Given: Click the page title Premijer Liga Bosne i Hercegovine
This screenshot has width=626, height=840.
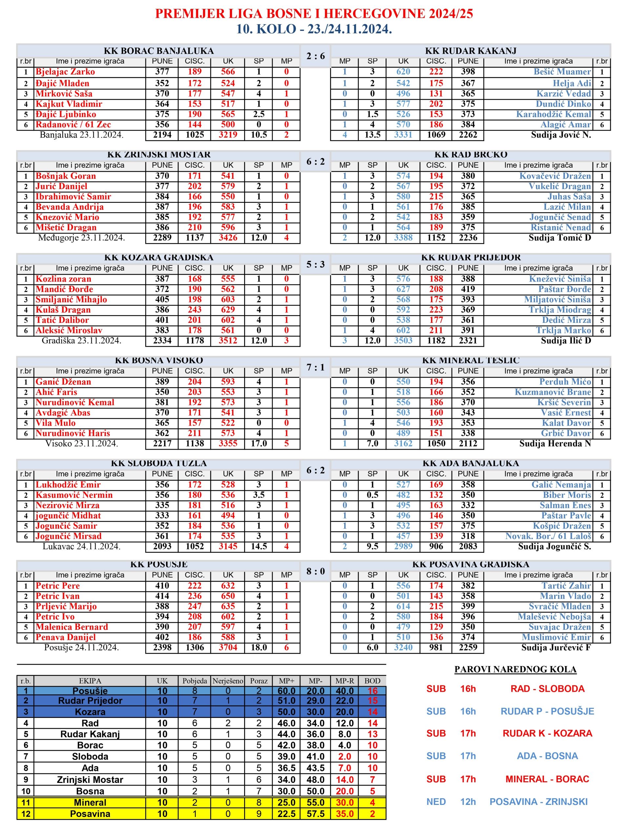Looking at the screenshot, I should coord(314,14).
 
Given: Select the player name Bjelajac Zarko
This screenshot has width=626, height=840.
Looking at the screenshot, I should coord(65,72).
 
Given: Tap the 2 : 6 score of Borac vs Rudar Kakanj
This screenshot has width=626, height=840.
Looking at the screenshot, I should coord(315,56).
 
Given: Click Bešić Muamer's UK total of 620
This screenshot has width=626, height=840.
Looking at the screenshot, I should coord(403,72).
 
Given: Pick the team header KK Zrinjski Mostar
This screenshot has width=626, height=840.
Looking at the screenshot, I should coord(159,155).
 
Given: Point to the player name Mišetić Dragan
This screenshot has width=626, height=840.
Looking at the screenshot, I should coord(66,227).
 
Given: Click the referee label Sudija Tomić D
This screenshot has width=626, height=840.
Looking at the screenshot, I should coord(560,238).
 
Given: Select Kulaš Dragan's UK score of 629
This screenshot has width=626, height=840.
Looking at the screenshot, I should coord(228,309).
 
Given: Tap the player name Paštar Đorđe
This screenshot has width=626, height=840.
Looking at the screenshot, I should coord(565,289).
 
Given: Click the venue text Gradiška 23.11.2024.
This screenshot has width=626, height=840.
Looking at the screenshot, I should coord(81,341).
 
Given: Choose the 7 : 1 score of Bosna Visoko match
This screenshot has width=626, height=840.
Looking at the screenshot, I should coord(315,367).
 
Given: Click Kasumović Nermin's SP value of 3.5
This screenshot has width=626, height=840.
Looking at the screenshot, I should coord(259,495).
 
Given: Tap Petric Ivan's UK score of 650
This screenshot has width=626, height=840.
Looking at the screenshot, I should coord(228,596).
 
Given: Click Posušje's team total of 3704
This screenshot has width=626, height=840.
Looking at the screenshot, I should coord(228,647).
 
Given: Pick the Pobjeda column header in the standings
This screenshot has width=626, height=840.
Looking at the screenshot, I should coord(195,681).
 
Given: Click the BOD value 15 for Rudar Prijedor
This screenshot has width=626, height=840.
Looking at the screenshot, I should coord(372,701).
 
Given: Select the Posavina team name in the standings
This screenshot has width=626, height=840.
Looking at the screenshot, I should coord(90,814).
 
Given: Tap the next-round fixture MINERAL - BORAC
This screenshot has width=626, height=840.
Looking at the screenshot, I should coord(547,779).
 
